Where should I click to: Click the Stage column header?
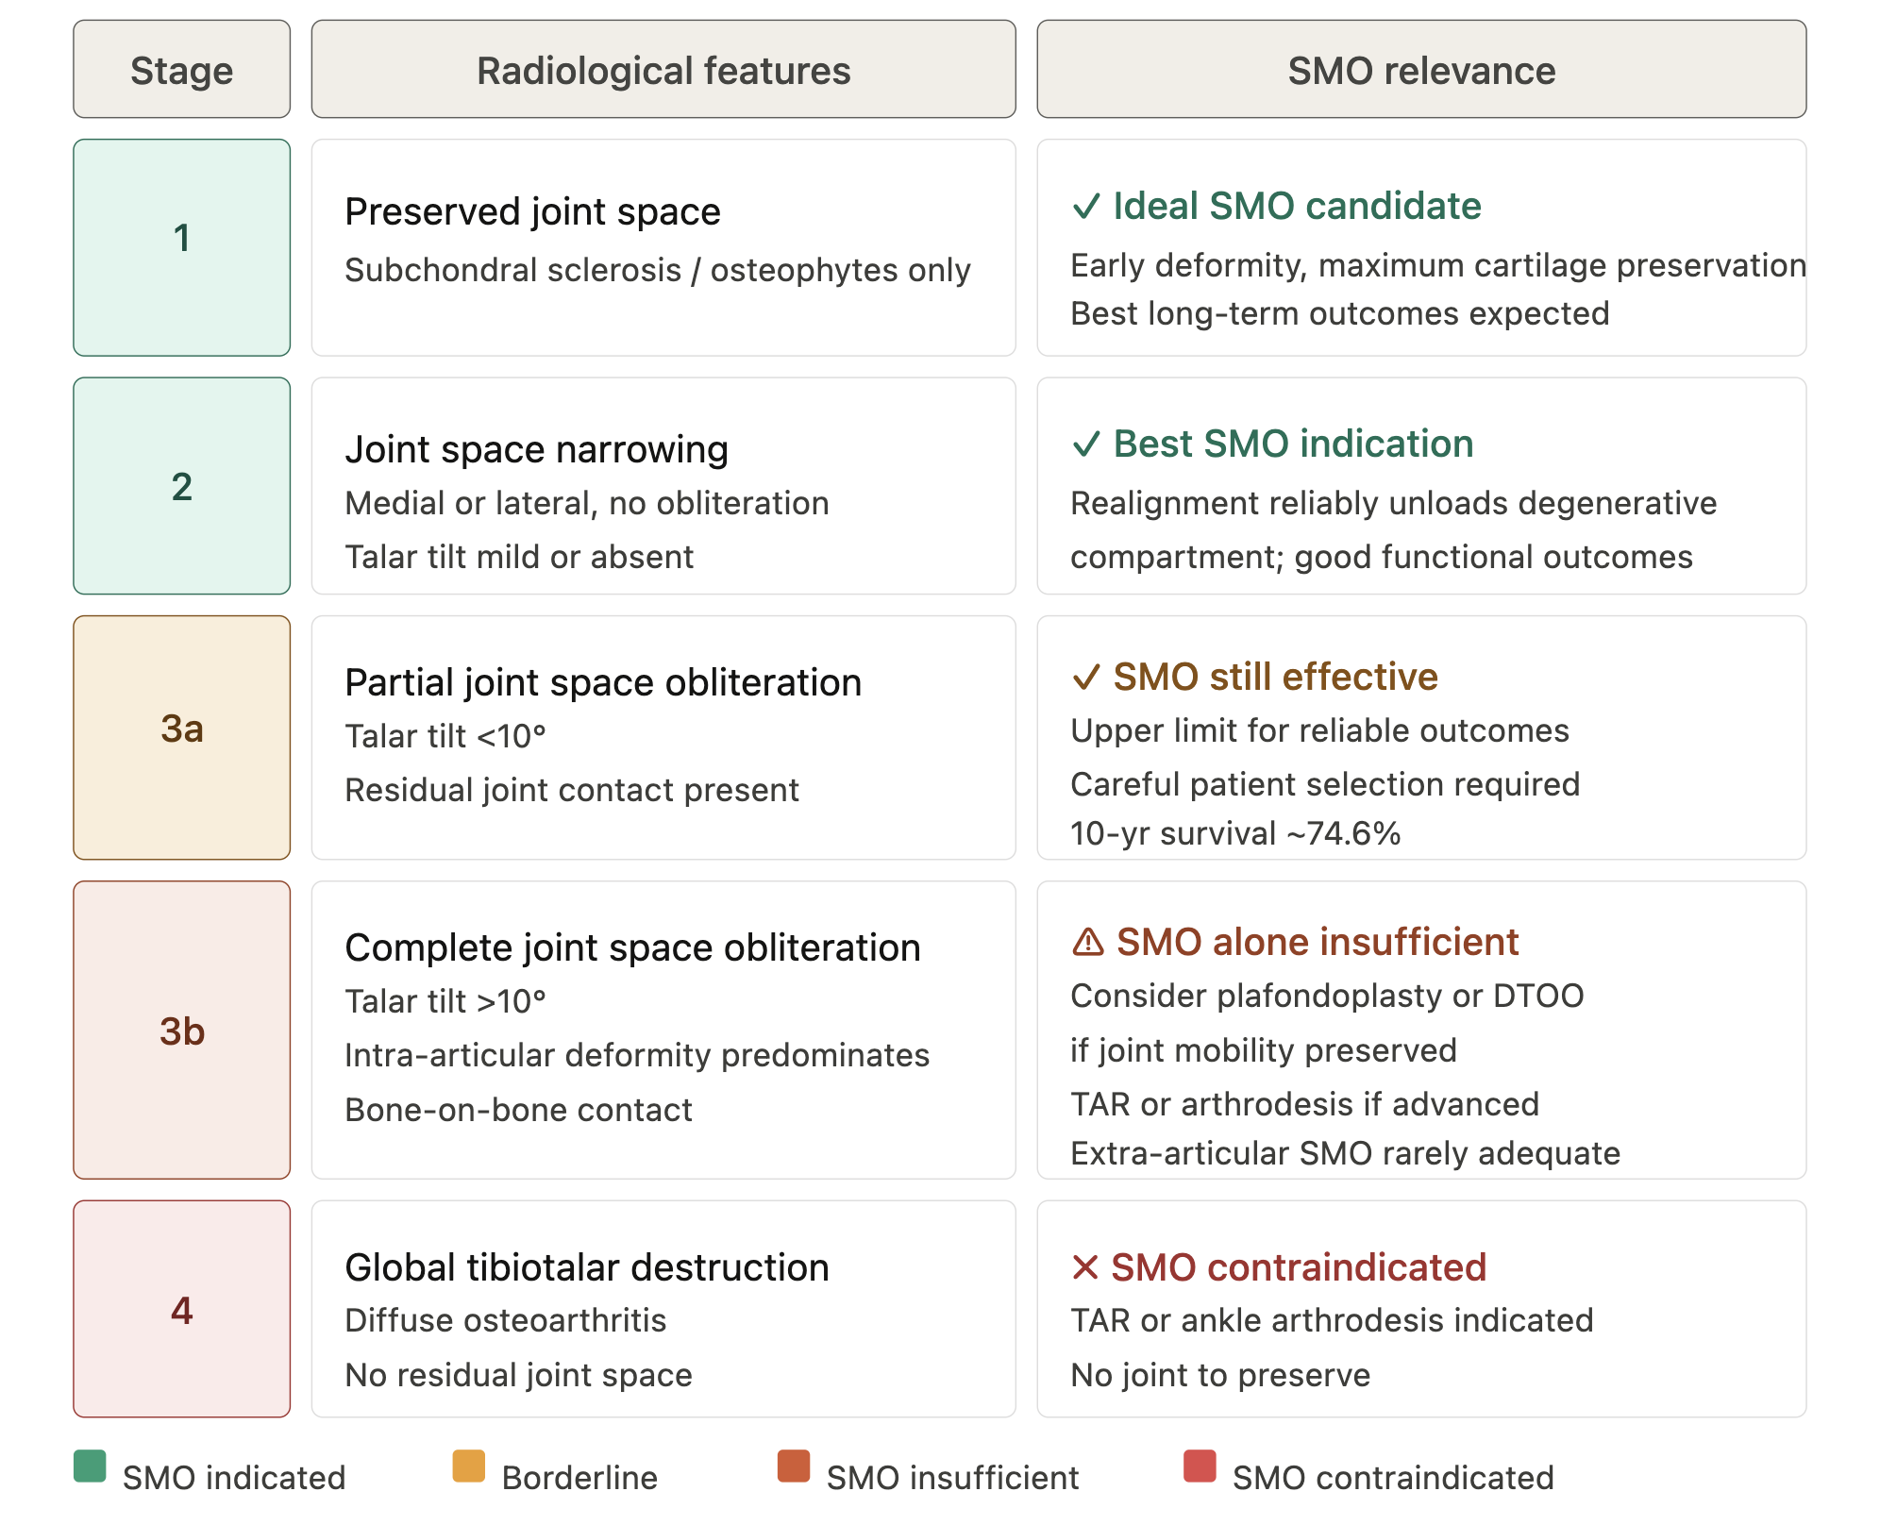[181, 69]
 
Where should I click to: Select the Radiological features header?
[663, 69]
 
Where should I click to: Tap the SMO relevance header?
[1421, 69]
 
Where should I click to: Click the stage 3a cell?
[181, 737]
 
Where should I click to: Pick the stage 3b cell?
[181, 1030]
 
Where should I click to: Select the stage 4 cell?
[181, 1309]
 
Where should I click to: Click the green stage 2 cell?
[181, 486]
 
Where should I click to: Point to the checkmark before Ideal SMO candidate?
[1086, 206]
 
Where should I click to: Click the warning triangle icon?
[1088, 942]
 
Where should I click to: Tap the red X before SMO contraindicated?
[1085, 1267]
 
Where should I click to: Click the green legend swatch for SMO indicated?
[90, 1466]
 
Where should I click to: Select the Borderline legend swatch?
[469, 1466]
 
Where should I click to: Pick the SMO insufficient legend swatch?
[794, 1466]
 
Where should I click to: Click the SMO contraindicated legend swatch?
[1200, 1466]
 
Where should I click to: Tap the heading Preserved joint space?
[532, 211]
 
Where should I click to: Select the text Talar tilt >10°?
[445, 1001]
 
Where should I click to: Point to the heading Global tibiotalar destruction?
[587, 1267]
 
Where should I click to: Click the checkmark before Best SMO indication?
[1086, 444]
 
